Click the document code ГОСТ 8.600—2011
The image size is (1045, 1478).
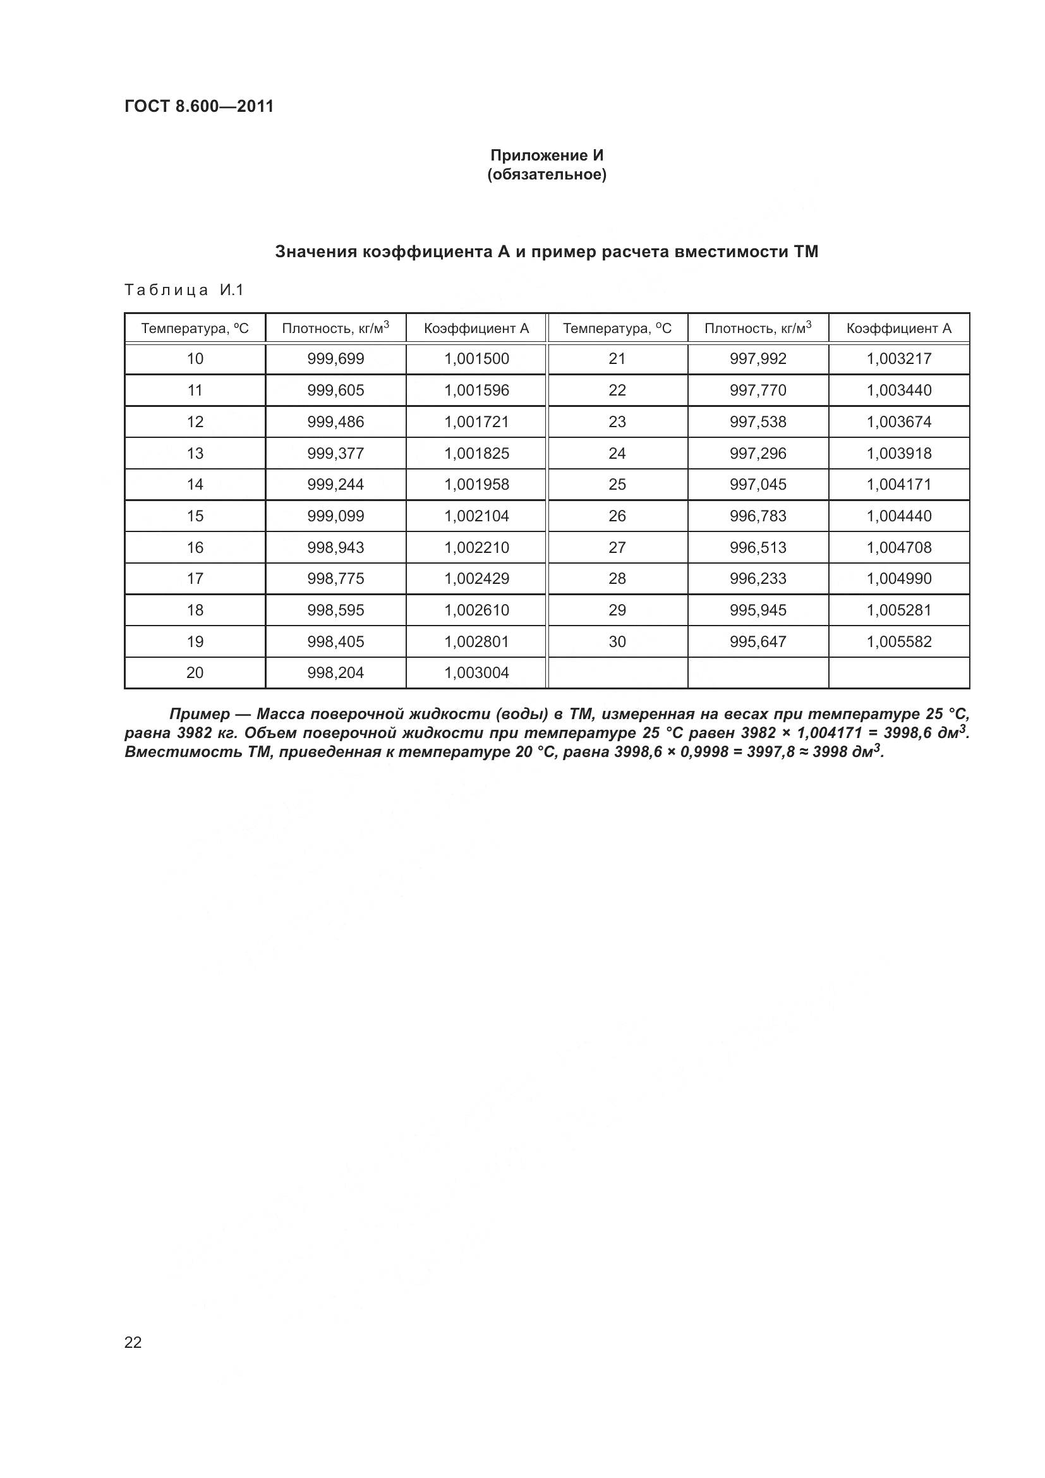point(199,106)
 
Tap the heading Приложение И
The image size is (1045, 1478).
point(547,155)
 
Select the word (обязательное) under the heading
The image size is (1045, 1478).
point(547,174)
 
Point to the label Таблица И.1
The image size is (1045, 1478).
point(184,290)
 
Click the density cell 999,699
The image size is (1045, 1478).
point(335,358)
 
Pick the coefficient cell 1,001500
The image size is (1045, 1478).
point(476,358)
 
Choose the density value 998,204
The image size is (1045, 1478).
point(335,673)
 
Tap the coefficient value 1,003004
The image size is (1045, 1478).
point(476,673)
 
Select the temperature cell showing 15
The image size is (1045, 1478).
point(195,516)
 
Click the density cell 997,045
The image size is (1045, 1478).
point(758,484)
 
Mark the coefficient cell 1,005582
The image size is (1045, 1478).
point(899,641)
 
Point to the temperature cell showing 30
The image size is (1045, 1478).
point(617,641)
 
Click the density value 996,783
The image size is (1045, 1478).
point(758,516)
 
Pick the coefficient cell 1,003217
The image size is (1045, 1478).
point(899,358)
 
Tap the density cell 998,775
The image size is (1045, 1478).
point(335,578)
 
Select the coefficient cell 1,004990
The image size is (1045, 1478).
point(899,578)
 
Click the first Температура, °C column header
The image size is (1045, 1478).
point(195,329)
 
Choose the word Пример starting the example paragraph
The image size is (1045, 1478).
point(200,714)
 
